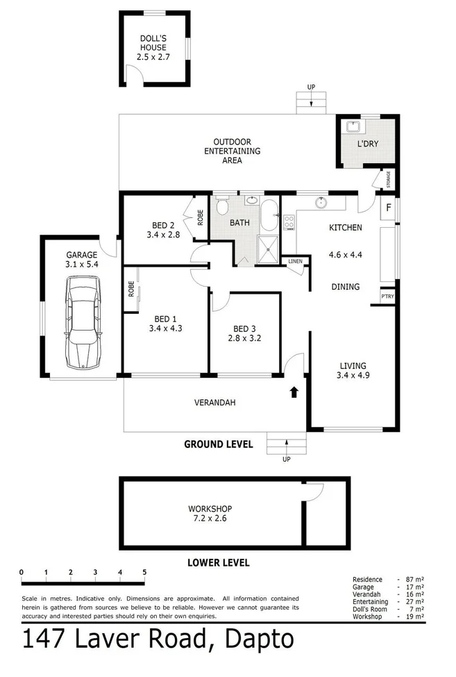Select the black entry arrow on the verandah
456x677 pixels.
pyautogui.click(x=294, y=392)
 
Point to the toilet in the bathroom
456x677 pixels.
pyautogui.click(x=222, y=207)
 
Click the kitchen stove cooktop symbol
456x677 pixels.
pyautogui.click(x=289, y=222)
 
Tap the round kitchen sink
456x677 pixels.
pyautogui.click(x=321, y=203)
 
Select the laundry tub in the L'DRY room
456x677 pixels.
pyautogui.click(x=353, y=128)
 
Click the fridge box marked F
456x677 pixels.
pyautogui.click(x=389, y=208)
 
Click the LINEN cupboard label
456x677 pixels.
pyautogui.click(x=295, y=261)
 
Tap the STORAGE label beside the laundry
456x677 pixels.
pyautogui.click(x=389, y=179)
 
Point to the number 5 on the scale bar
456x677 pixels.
pyautogui.click(x=144, y=572)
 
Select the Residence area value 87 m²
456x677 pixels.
pyautogui.click(x=414, y=579)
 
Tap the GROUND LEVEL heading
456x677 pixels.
pyautogui.click(x=218, y=444)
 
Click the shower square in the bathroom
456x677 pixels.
pyautogui.click(x=267, y=246)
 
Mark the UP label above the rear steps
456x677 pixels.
pyautogui.click(x=311, y=87)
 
